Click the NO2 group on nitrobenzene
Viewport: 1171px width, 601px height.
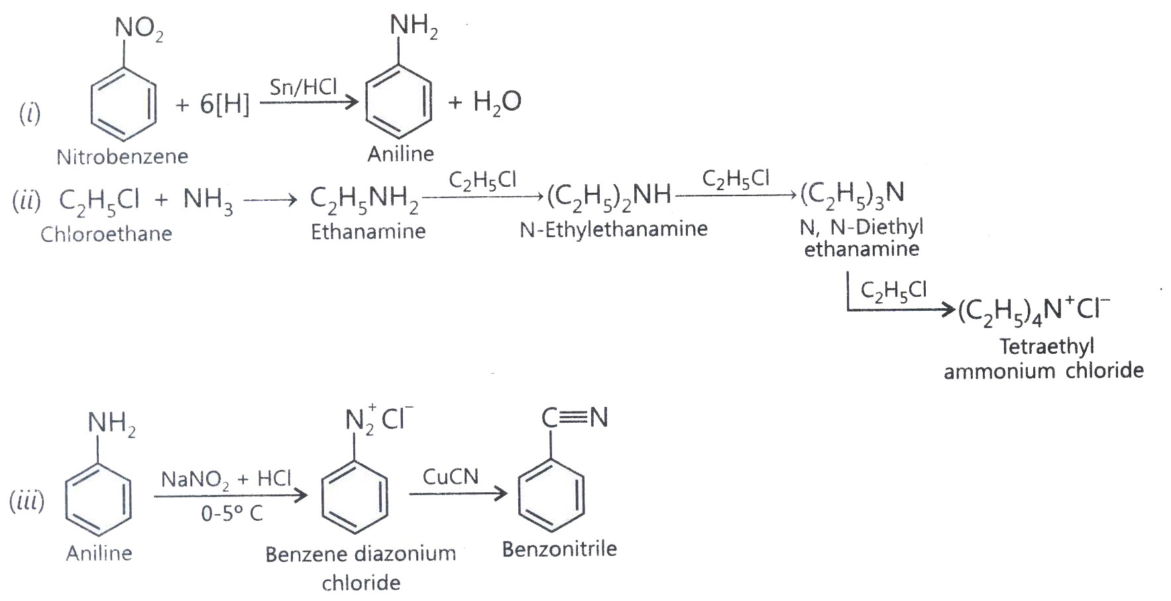(x=139, y=30)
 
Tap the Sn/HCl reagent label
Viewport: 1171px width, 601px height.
(x=303, y=86)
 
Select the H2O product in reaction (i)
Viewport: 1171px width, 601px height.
(x=497, y=102)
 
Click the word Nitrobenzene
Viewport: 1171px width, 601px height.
(x=122, y=156)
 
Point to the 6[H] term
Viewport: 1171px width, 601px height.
(x=225, y=104)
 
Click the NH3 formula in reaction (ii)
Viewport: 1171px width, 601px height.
(x=208, y=200)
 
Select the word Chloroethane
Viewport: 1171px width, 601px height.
(x=106, y=233)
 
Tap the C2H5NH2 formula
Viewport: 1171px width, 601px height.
(x=364, y=199)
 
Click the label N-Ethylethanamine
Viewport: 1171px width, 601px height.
(x=614, y=229)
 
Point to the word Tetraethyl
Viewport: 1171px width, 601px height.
(x=1047, y=347)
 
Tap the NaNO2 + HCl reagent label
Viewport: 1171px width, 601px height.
(x=226, y=479)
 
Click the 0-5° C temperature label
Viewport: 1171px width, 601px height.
(x=232, y=513)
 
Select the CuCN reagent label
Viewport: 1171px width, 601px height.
(x=451, y=476)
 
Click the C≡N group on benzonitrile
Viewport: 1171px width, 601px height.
(x=575, y=417)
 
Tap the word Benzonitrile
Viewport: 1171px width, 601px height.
(x=559, y=549)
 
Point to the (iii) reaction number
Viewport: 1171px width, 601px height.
(x=27, y=501)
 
